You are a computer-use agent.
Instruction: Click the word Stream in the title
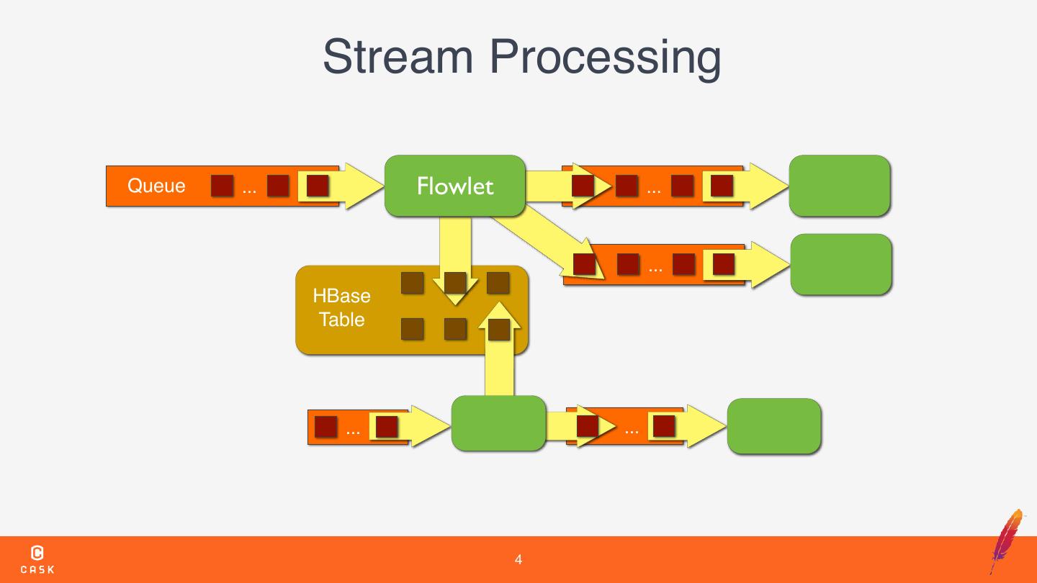pyautogui.click(x=398, y=56)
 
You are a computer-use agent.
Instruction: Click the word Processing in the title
pyautogui.click(x=605, y=60)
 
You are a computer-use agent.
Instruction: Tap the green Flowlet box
pyautogui.click(x=455, y=186)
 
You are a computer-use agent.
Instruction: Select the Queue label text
pyautogui.click(x=156, y=186)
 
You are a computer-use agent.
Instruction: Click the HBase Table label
pyautogui.click(x=341, y=308)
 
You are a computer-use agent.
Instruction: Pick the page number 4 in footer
pyautogui.click(x=518, y=560)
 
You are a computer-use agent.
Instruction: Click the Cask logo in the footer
pyautogui.click(x=37, y=560)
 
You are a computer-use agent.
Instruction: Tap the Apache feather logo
pyautogui.click(x=1007, y=541)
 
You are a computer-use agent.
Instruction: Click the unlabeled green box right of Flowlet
pyautogui.click(x=840, y=186)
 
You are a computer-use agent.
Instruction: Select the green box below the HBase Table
pyautogui.click(x=498, y=423)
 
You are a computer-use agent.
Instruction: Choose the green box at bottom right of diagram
pyautogui.click(x=774, y=425)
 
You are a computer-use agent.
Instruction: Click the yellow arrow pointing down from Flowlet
pyautogui.click(x=455, y=261)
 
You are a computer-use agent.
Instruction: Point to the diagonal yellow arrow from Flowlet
pyautogui.click(x=549, y=244)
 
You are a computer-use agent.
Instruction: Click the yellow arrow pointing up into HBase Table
pyautogui.click(x=499, y=349)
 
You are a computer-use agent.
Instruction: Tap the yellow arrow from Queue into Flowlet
pyautogui.click(x=341, y=186)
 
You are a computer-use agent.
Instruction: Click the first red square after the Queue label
pyautogui.click(x=223, y=186)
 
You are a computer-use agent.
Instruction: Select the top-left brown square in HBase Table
pyautogui.click(x=413, y=283)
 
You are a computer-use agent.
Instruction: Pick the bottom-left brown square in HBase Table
pyautogui.click(x=413, y=329)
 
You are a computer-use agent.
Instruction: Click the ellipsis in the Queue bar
pyautogui.click(x=249, y=191)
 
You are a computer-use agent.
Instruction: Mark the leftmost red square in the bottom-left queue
pyautogui.click(x=326, y=426)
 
